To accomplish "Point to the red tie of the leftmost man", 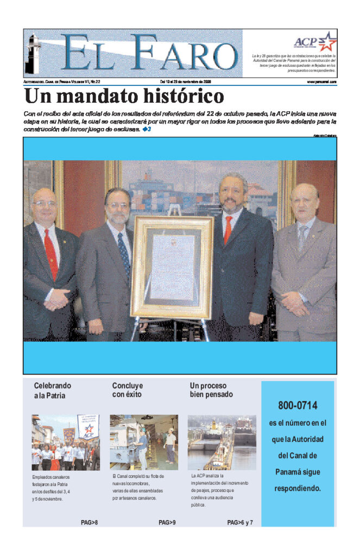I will coord(51,253).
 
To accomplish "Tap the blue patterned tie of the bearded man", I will coord(124,252).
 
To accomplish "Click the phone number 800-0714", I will coord(298,406).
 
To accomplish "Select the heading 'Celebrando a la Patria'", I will coord(53,390).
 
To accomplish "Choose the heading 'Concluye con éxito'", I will coord(128,390).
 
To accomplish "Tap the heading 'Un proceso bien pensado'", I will coord(211,390).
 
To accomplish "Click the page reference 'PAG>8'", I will coord(89,523).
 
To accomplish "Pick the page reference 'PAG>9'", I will coord(167,523).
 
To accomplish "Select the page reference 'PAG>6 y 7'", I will coord(240,523).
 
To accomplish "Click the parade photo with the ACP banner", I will coord(65,443).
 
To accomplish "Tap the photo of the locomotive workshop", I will coord(143,443).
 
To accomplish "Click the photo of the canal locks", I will coord(222,443).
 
